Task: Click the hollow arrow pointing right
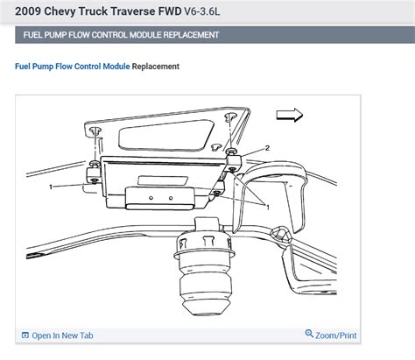coord(290,114)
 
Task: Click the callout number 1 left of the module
coord(52,187)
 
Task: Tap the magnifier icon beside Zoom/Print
coord(309,335)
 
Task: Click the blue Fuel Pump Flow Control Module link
coord(72,67)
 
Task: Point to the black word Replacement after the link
coord(156,67)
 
